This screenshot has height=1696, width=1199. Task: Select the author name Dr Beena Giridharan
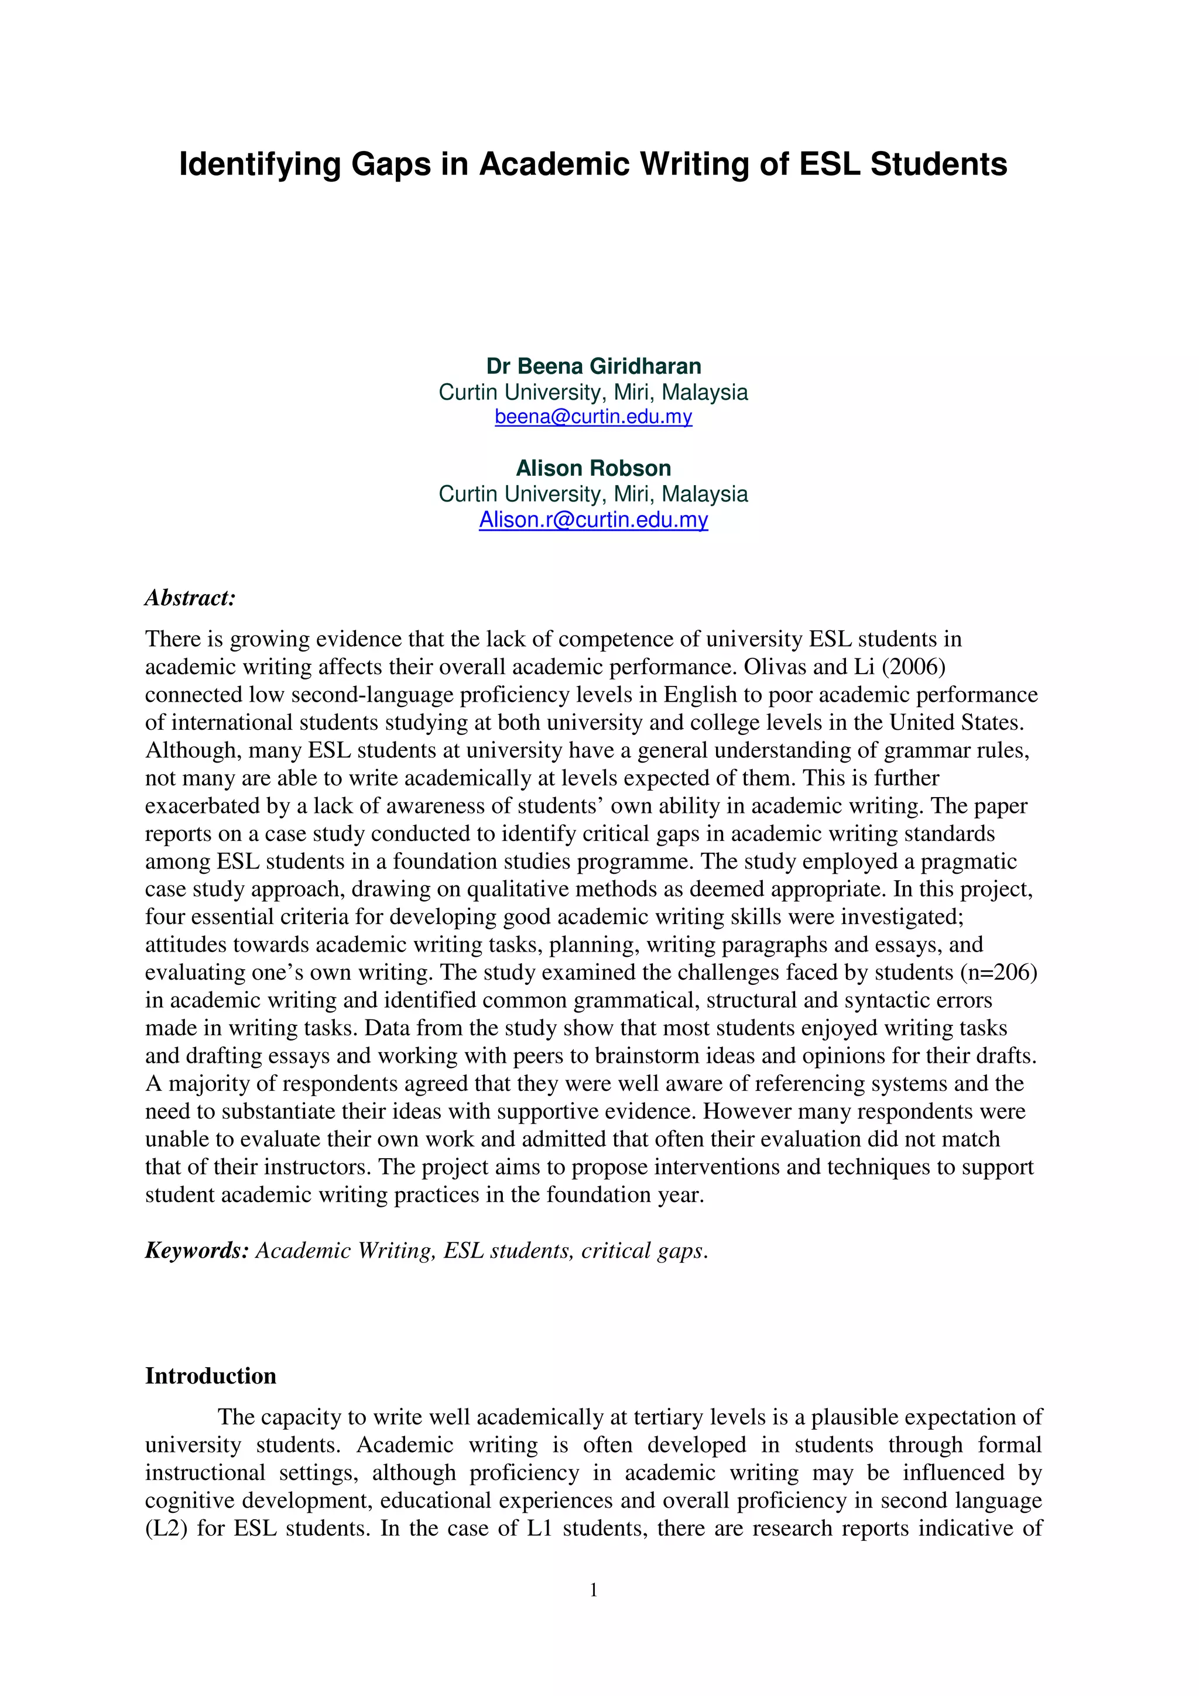pos(593,366)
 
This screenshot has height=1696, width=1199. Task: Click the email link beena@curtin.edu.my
pos(593,417)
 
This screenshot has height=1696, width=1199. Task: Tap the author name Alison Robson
pos(593,468)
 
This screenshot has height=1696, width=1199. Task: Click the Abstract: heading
pos(190,598)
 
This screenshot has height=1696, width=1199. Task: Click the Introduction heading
pos(211,1375)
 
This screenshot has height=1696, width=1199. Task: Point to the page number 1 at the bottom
pos(593,1589)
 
